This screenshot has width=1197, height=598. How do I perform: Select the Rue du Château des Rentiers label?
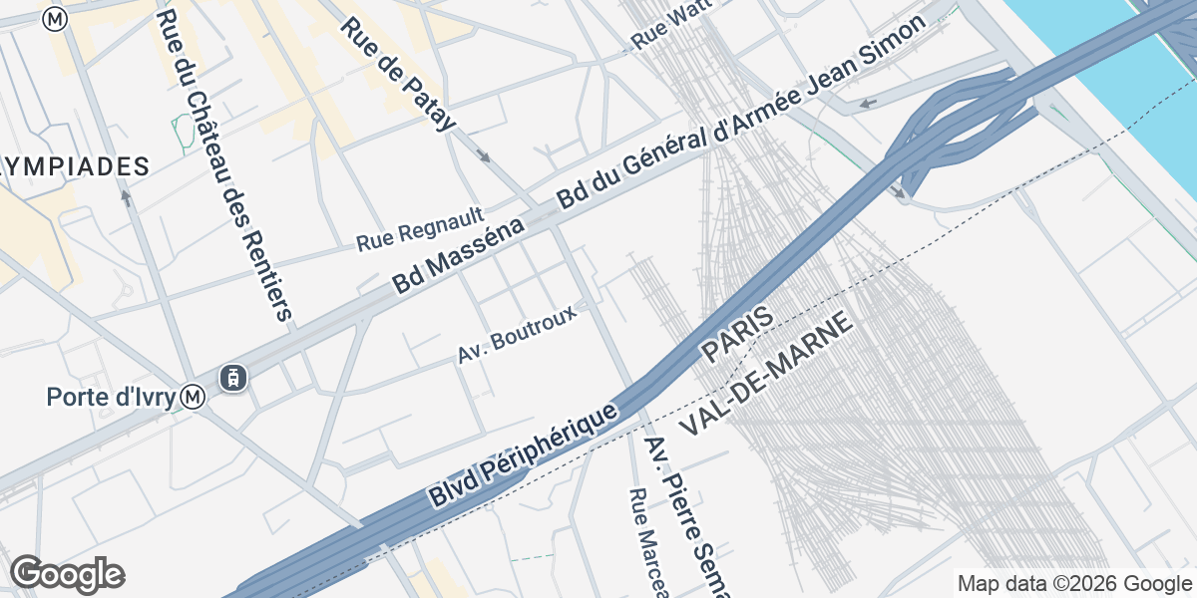coord(224,164)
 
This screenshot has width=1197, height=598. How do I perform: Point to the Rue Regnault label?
coord(420,229)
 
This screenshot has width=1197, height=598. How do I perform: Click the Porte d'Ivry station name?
coord(112,397)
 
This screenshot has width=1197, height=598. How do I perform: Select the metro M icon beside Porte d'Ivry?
coord(194,398)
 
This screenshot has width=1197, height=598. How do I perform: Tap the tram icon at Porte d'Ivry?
coord(233,378)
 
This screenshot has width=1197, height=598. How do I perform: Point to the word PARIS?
coord(736,335)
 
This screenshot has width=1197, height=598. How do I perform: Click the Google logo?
coord(67,574)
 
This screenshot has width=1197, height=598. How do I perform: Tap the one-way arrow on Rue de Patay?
coord(484,156)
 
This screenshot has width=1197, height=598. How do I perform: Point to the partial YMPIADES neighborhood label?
coord(75,166)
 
